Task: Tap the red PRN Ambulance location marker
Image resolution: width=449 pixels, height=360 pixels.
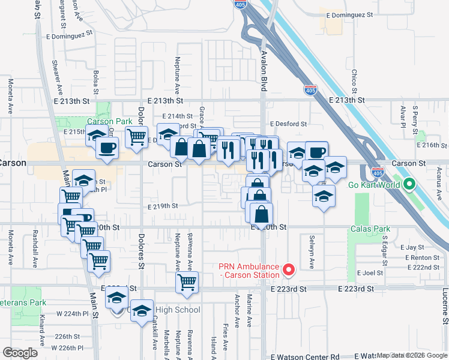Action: point(288,271)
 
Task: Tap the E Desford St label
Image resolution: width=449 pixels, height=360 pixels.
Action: point(288,124)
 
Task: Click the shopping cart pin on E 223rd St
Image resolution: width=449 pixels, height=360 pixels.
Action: point(187,281)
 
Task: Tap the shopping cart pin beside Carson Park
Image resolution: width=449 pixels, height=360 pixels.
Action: point(137,137)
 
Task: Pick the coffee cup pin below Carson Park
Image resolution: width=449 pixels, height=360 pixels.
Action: point(107,147)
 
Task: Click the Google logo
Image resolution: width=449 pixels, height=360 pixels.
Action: point(20,352)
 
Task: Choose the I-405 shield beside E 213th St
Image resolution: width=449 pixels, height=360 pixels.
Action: point(310,90)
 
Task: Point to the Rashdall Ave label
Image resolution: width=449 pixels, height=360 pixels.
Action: point(35,251)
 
